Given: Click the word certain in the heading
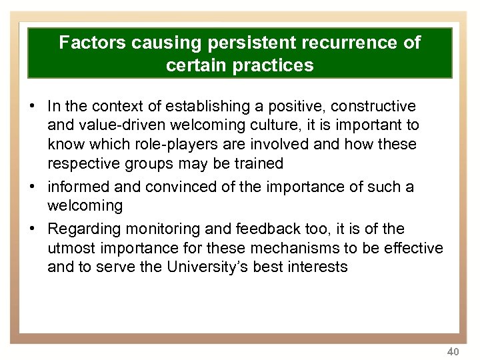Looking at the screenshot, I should [197, 66].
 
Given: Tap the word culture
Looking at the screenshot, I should [297, 125].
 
